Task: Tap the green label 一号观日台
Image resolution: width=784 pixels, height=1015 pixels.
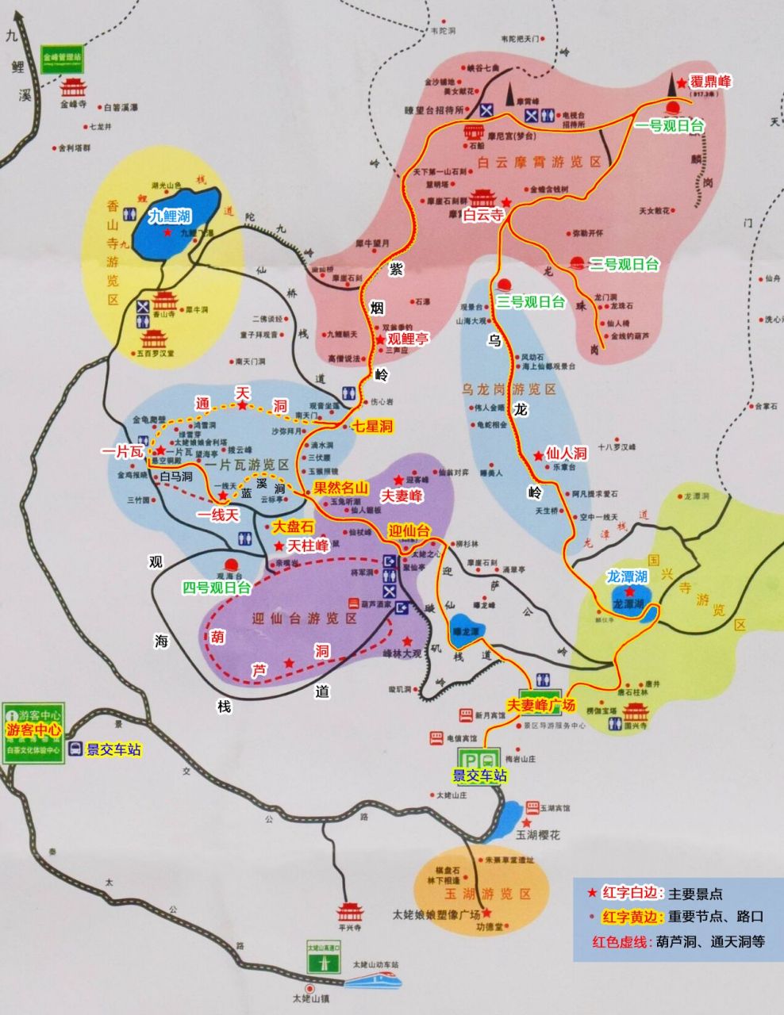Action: click(670, 125)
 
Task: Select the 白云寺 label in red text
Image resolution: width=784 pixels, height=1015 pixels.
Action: click(483, 215)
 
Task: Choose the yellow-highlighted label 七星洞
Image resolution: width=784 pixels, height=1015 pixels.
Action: click(372, 426)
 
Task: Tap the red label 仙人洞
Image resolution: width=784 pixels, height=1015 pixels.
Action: click(566, 453)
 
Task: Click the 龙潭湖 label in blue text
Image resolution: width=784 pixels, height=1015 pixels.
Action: click(628, 576)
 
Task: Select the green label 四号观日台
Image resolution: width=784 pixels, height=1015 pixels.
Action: click(217, 588)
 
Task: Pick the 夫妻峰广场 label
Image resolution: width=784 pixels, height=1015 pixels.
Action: click(540, 704)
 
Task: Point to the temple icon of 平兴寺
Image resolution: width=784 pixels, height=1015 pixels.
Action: click(349, 911)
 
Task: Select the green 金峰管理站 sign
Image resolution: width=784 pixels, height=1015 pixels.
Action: click(62, 58)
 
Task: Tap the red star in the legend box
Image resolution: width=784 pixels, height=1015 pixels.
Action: click(591, 893)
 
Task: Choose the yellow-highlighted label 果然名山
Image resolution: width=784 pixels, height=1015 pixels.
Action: click(341, 488)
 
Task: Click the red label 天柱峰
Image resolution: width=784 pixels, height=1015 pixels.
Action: click(308, 546)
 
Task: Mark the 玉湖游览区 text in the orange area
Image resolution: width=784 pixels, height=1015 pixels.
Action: click(481, 894)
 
